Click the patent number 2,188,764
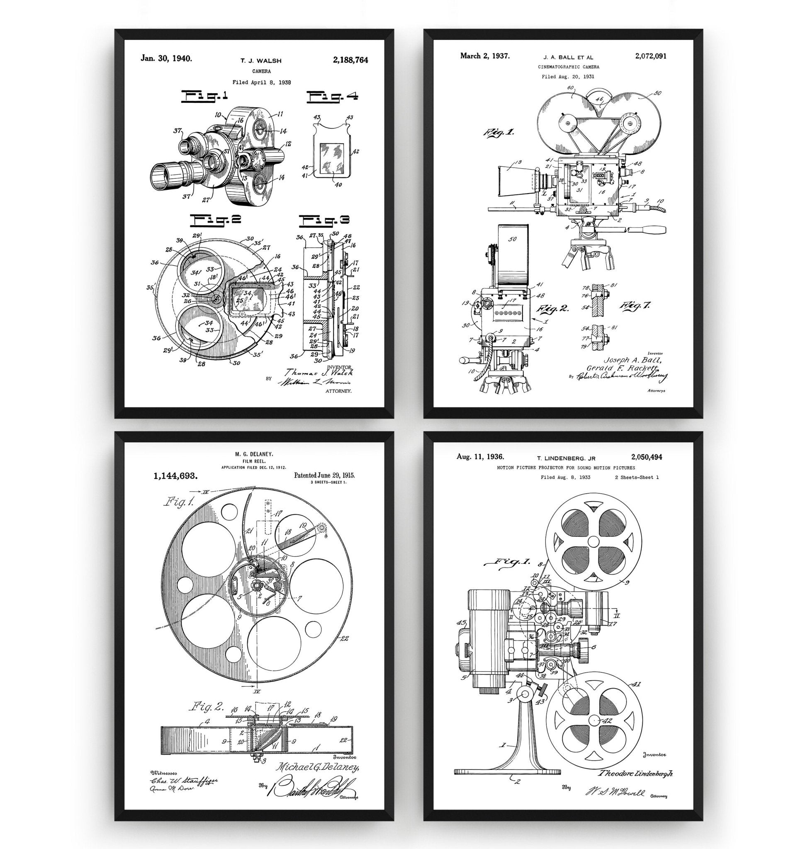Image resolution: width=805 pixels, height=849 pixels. coord(350,60)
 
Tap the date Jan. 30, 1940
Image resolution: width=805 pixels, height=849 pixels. coord(166,58)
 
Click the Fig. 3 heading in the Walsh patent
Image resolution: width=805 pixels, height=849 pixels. coord(324,221)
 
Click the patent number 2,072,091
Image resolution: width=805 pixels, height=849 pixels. coord(649,56)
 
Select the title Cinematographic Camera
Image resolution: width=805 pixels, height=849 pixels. coord(569,67)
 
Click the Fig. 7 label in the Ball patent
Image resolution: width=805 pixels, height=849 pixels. coord(635,306)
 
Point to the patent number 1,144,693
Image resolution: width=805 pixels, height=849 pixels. coord(175,476)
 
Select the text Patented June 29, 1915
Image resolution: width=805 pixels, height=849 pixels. coord(324,475)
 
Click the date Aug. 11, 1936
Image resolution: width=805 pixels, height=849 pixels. coord(480,457)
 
